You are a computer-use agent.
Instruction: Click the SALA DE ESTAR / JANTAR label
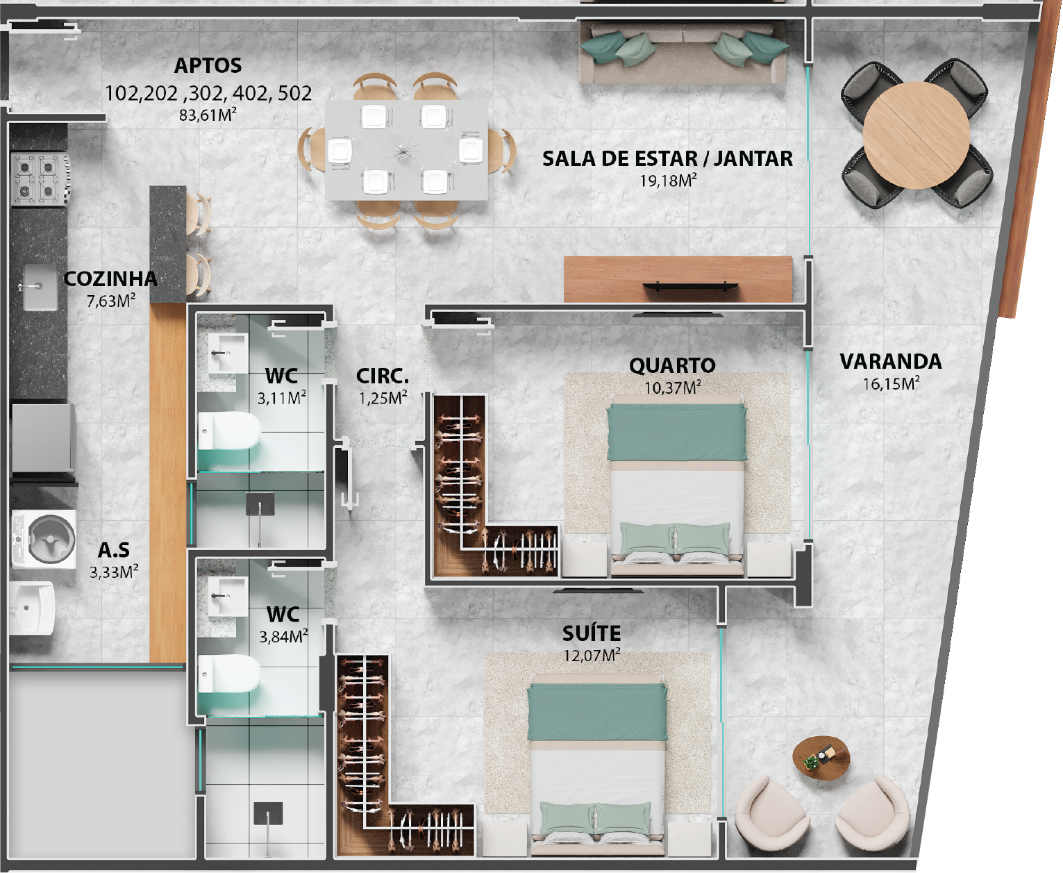(667, 159)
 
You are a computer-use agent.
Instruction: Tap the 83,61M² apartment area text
(208, 115)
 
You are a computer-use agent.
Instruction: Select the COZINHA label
(110, 279)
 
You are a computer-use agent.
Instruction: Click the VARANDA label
(891, 362)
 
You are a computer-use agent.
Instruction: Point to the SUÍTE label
(592, 633)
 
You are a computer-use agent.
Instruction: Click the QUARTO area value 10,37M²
(672, 388)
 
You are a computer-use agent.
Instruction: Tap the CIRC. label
(382, 376)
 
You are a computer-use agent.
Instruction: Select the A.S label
(113, 550)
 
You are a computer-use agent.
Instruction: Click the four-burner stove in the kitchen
(40, 179)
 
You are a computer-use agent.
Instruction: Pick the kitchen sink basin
(40, 288)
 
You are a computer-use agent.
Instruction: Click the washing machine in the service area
(44, 539)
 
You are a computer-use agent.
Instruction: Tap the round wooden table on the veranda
(916, 135)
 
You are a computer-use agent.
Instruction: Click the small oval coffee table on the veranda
(821, 758)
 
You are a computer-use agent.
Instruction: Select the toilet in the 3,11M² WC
(229, 431)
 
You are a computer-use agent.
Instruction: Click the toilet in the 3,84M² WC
(229, 674)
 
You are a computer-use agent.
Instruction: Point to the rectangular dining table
(406, 150)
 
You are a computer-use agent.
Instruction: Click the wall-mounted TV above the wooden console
(691, 286)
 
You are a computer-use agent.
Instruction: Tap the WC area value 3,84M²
(283, 636)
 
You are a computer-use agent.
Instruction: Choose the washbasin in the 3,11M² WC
(228, 353)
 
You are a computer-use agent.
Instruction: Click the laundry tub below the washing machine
(32, 608)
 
